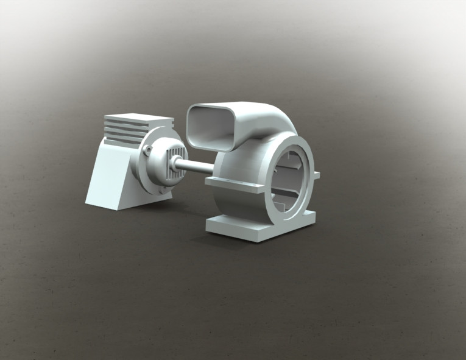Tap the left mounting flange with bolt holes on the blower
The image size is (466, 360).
[x=235, y=183]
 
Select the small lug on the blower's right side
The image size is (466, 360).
[x=317, y=175]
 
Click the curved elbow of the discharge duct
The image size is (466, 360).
[x=268, y=119]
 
